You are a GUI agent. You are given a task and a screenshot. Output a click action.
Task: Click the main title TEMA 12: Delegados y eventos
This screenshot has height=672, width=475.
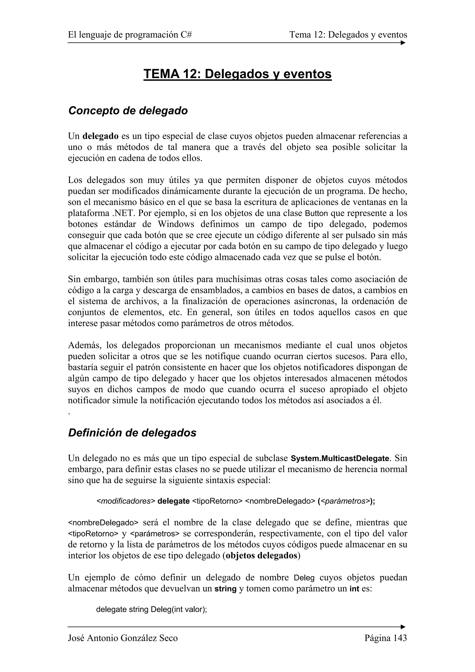point(237,74)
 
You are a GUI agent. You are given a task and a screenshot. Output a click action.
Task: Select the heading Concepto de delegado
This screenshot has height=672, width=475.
point(128,111)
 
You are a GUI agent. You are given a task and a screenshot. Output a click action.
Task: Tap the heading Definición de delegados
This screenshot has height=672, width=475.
point(132,433)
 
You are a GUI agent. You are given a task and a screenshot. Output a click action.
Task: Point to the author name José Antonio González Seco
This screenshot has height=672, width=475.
point(123,638)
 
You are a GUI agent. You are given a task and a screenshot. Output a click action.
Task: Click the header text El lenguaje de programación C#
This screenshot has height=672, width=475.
point(130,35)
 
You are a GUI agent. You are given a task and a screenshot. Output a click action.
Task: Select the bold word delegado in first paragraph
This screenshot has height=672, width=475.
point(100,136)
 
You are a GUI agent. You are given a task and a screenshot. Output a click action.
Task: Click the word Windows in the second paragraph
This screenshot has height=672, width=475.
point(176,224)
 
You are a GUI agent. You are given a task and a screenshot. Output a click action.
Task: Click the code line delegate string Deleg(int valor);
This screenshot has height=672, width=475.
point(152,610)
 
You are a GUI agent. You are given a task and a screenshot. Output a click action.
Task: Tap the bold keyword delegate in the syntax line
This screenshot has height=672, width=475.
point(173,501)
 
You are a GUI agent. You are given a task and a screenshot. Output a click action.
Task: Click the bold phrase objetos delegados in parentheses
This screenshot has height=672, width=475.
point(262,556)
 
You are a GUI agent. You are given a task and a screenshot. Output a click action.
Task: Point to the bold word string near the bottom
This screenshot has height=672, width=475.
point(225,589)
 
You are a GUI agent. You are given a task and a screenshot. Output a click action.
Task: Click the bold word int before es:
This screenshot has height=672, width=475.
point(354,589)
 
